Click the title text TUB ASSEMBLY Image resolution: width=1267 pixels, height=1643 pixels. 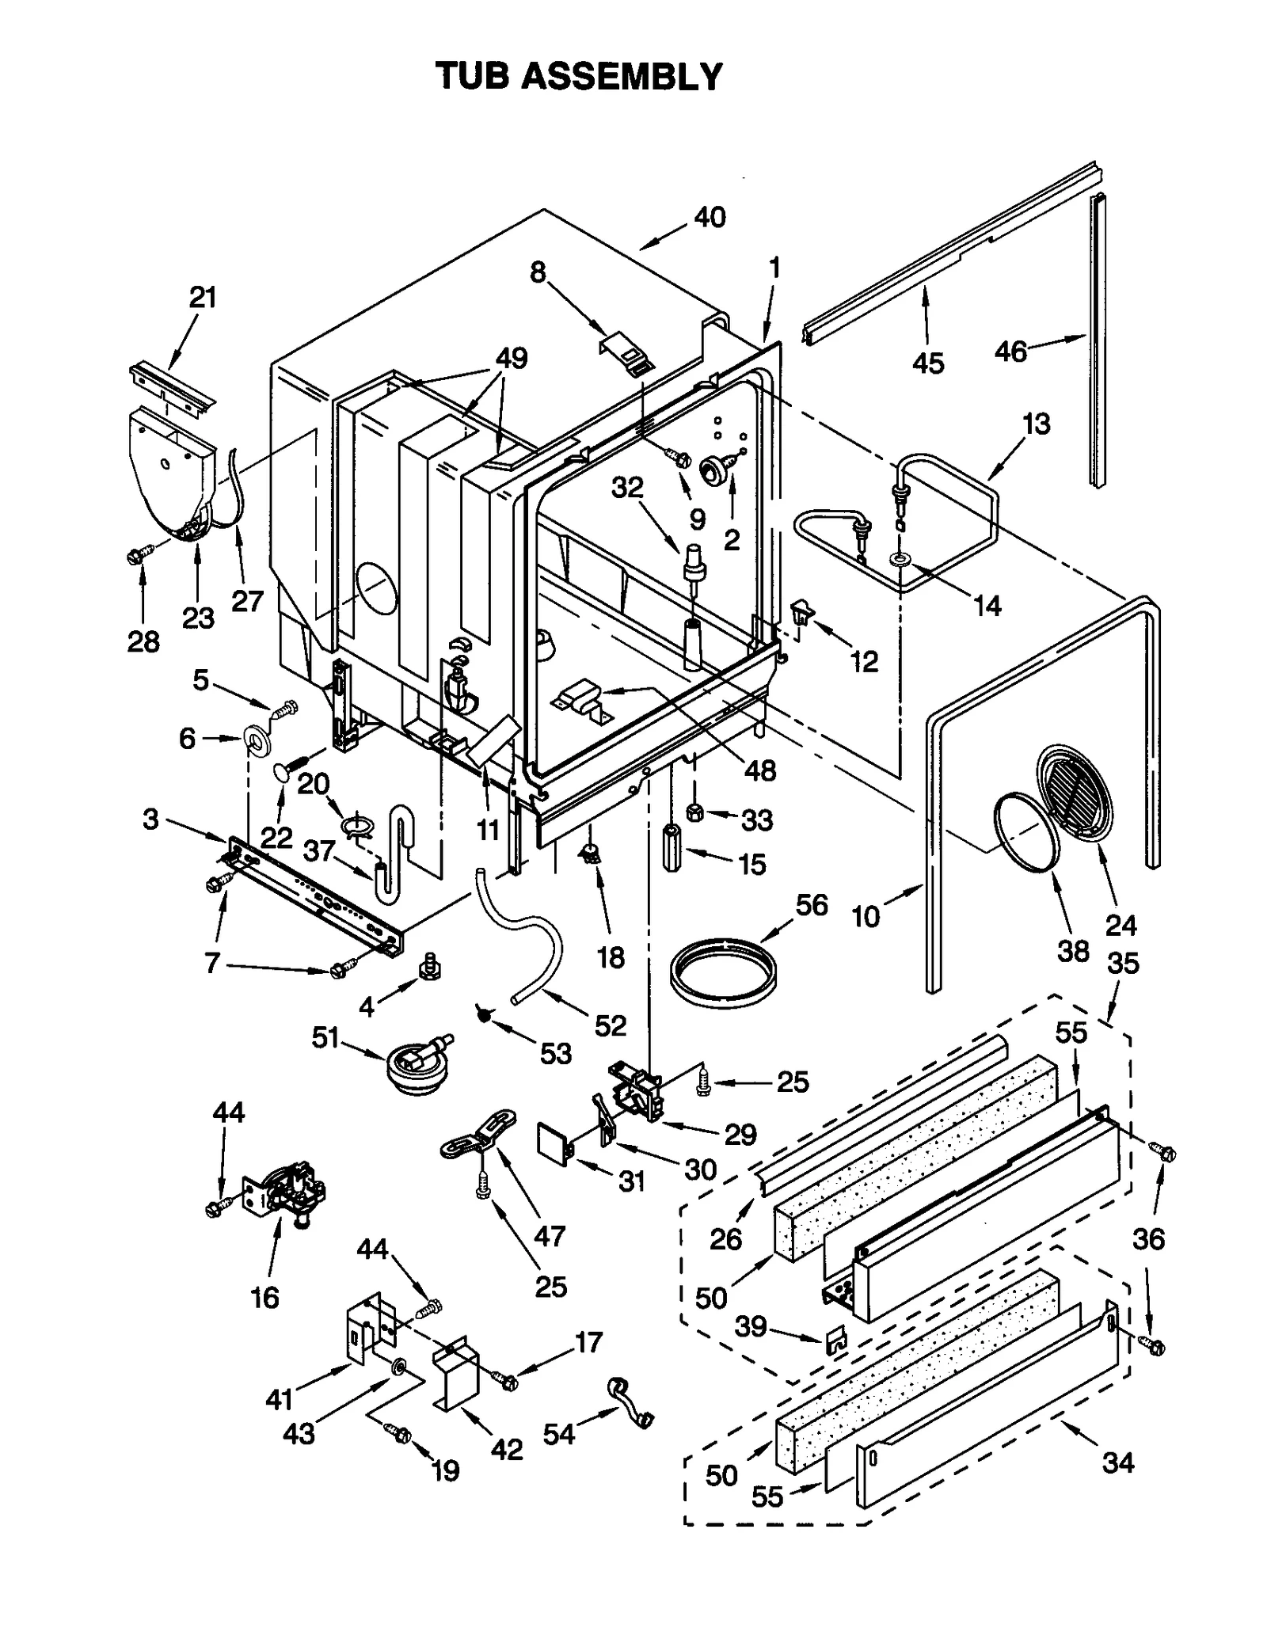579,77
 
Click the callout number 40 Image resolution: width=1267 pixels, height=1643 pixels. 709,216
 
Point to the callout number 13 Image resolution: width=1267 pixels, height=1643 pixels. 1035,424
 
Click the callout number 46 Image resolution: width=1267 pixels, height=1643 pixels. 1010,351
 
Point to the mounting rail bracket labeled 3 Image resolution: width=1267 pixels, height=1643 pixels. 317,896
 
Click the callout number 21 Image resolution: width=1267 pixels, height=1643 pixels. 203,298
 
